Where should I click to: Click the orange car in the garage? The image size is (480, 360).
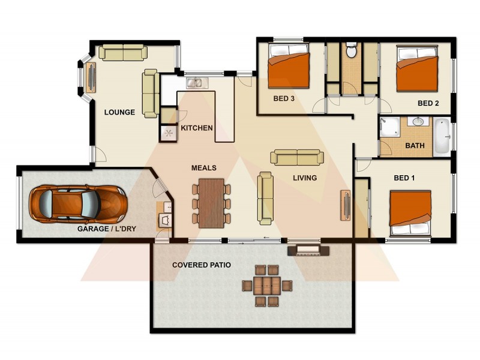(x=78, y=203)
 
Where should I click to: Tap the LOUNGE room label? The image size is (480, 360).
(x=119, y=112)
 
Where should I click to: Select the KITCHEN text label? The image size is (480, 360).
(x=197, y=128)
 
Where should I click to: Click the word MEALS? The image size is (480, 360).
(x=203, y=168)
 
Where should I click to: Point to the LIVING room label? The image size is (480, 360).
(x=305, y=178)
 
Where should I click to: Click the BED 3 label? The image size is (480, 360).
(x=283, y=99)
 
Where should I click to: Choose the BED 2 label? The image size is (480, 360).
(x=428, y=103)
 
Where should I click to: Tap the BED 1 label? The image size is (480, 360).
(x=404, y=178)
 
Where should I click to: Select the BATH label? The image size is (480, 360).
(x=415, y=145)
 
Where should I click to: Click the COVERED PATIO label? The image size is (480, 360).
(x=201, y=265)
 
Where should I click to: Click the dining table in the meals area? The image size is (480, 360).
(x=211, y=203)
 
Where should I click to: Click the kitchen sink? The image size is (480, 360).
(x=195, y=83)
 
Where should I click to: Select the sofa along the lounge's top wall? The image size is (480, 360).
(x=123, y=53)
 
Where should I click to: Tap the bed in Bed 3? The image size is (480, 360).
(x=289, y=68)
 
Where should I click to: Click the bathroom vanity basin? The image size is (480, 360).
(x=418, y=122)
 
